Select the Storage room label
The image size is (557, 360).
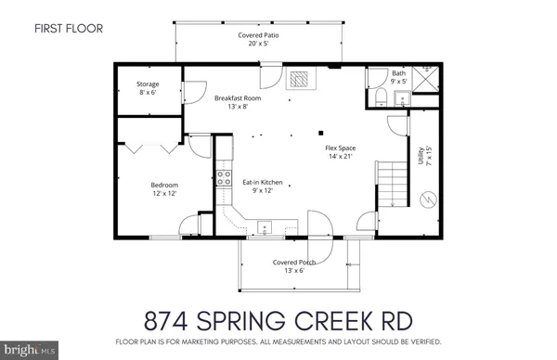click(148, 87)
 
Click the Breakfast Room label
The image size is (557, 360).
click(238, 102)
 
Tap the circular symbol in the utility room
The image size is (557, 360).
click(428, 198)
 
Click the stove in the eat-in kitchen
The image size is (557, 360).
click(224, 177)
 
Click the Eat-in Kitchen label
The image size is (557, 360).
click(263, 186)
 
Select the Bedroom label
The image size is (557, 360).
click(164, 189)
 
